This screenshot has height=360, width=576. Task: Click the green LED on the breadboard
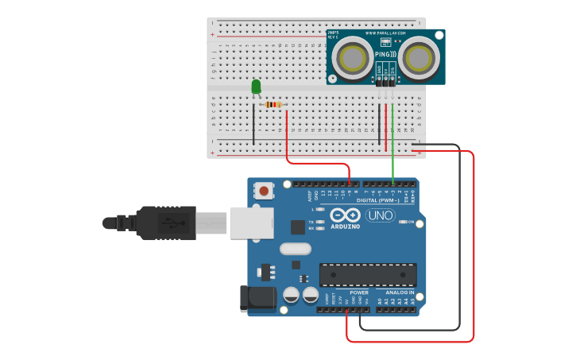pyautogui.click(x=256, y=86)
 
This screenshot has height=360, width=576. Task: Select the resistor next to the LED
pyautogui.click(x=273, y=104)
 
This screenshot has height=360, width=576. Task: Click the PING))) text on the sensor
pyautogui.click(x=385, y=54)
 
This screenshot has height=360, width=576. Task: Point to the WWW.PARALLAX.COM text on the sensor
pyautogui.click(x=385, y=34)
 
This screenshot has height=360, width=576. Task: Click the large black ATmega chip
pyautogui.click(x=368, y=274)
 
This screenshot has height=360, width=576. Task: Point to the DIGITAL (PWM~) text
pyautogui.click(x=378, y=201)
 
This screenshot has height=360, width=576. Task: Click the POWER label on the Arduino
pyautogui.click(x=359, y=292)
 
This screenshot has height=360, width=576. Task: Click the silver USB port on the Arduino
pyautogui.click(x=251, y=223)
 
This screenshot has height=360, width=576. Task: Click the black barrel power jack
pyautogui.click(x=257, y=298)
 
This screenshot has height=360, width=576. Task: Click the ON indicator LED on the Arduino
pyautogui.click(x=401, y=223)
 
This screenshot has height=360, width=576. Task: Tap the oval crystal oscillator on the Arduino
pyautogui.click(x=294, y=249)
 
